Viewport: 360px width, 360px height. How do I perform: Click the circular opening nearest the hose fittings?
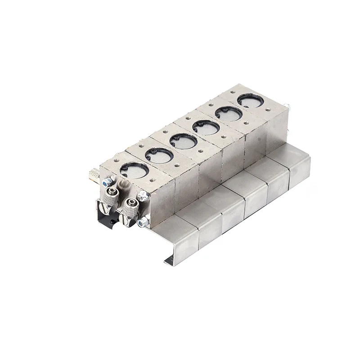[134, 170]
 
